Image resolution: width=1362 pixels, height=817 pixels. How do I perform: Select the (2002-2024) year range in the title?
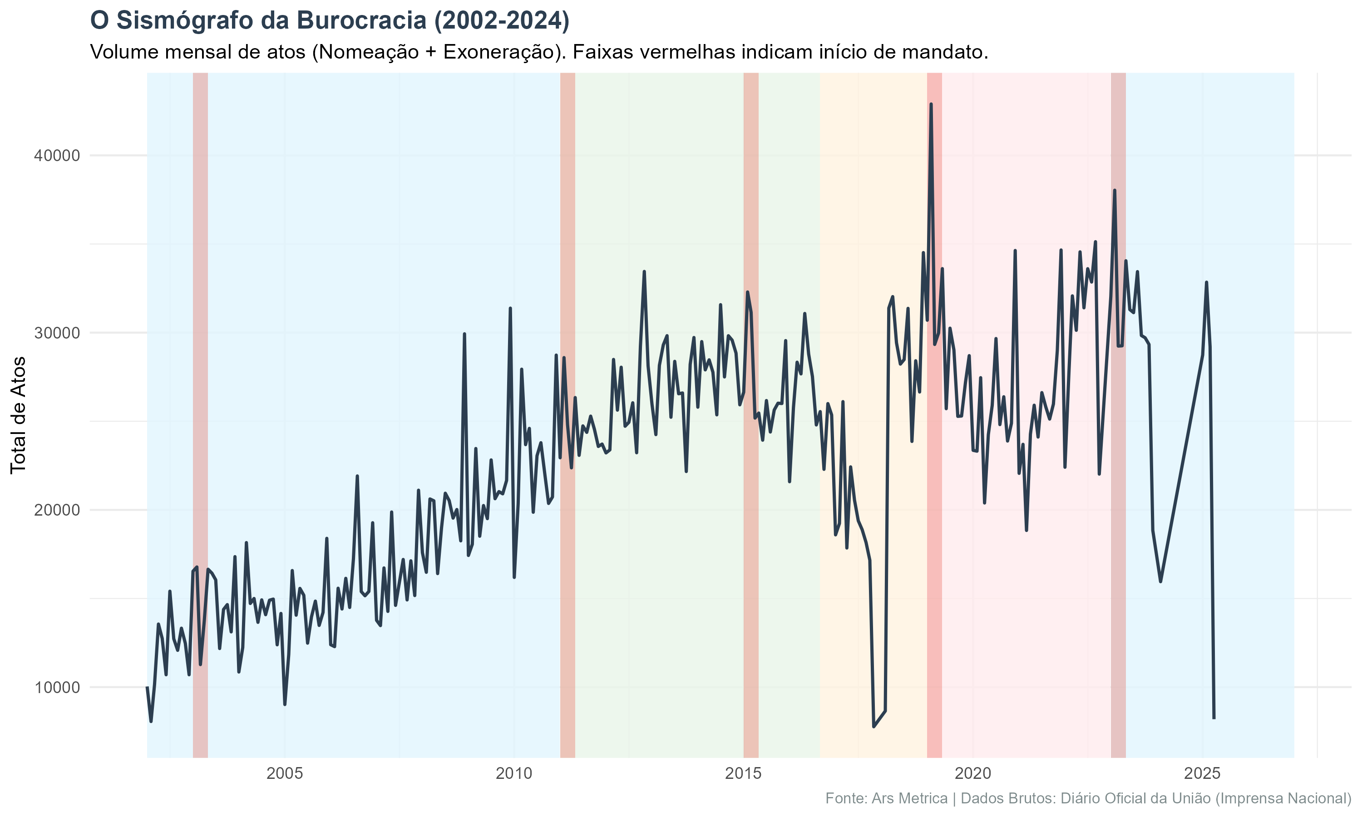(x=502, y=21)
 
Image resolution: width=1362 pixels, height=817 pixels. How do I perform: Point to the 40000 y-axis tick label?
(x=57, y=156)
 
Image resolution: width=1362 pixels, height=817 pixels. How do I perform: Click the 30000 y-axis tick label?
(x=57, y=333)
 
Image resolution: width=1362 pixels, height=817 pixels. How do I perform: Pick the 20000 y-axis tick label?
(x=57, y=510)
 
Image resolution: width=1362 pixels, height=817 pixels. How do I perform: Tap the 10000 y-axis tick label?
(x=57, y=688)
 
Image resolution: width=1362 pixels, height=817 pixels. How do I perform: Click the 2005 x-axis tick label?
(x=285, y=773)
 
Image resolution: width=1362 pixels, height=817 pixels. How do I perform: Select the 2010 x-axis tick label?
(x=514, y=773)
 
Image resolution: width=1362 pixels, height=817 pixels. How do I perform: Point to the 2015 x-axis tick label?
(x=744, y=773)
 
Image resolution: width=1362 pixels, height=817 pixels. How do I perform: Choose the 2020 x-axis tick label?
(x=973, y=773)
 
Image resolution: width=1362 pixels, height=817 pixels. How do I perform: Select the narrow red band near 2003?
(x=200, y=385)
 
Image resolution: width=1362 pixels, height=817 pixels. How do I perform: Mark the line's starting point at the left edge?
(x=148, y=688)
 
